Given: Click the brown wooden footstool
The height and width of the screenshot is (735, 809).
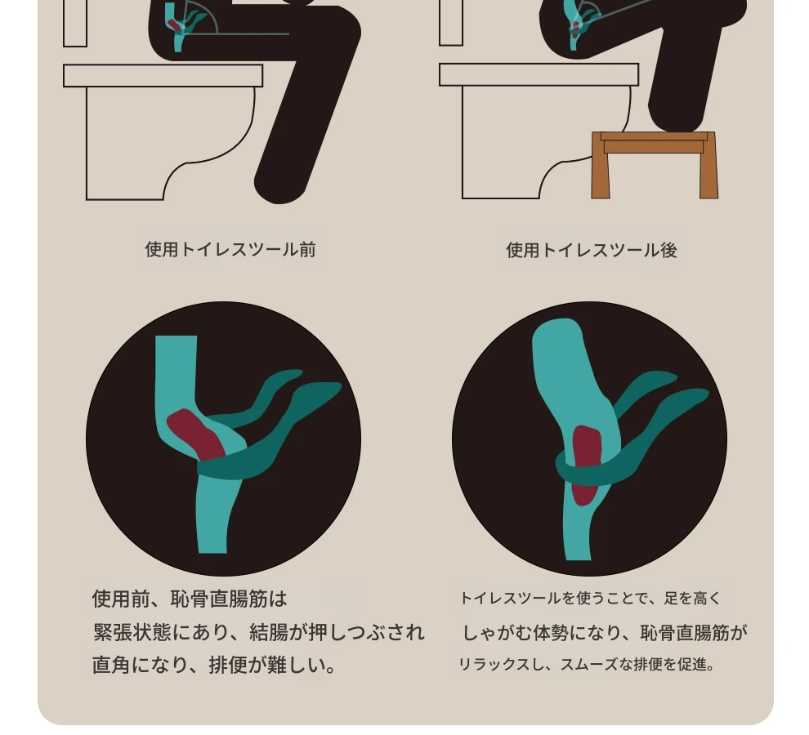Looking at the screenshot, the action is [x=655, y=164].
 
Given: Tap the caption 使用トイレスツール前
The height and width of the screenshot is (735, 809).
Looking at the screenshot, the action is [x=230, y=250].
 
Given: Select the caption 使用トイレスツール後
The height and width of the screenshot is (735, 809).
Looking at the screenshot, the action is [x=592, y=250].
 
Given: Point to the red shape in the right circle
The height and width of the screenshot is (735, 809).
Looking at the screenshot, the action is [x=586, y=464].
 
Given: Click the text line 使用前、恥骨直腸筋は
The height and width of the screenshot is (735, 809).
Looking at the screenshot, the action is [x=190, y=599].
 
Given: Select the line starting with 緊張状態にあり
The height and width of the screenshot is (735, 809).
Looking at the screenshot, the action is [x=258, y=632].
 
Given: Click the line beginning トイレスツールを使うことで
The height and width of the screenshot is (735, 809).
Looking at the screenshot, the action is [x=590, y=599].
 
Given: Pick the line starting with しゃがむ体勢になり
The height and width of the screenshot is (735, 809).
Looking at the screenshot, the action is [x=604, y=632].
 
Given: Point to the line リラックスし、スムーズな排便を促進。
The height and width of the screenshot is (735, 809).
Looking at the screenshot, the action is [x=587, y=664].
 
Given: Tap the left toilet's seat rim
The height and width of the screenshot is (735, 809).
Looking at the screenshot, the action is [x=163, y=76].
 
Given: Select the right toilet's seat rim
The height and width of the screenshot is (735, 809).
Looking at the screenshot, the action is [x=539, y=75].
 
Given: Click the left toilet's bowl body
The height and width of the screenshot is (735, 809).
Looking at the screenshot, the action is [x=154, y=140].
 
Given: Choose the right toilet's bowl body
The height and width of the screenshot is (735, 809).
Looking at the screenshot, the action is [x=531, y=140].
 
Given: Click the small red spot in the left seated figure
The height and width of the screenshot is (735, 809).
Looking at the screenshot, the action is [x=175, y=24].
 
